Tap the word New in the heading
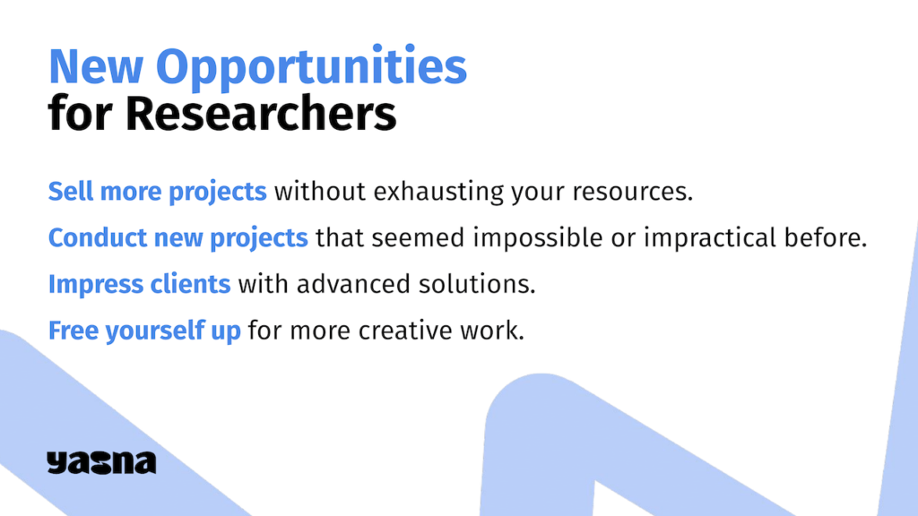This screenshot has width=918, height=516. coord(95,66)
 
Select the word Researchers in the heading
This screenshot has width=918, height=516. coord(261,114)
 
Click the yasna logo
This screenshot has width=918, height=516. coord(101,462)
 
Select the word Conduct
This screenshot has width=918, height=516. coord(97,237)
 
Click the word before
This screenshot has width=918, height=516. coord(826,237)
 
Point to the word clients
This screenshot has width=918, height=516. coord(190,284)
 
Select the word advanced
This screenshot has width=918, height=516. coord(353,284)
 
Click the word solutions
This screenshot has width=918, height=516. coord(477,284)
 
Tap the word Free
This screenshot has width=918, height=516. coord(74,331)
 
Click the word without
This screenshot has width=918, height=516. coord(320,192)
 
